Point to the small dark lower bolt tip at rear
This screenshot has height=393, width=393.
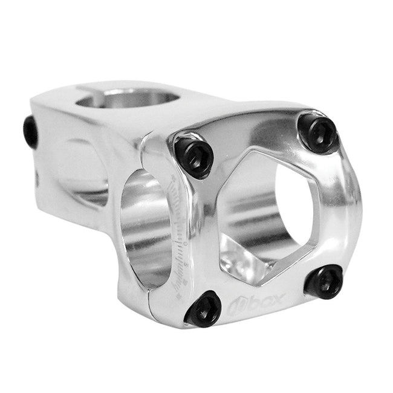click(x=36, y=180)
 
